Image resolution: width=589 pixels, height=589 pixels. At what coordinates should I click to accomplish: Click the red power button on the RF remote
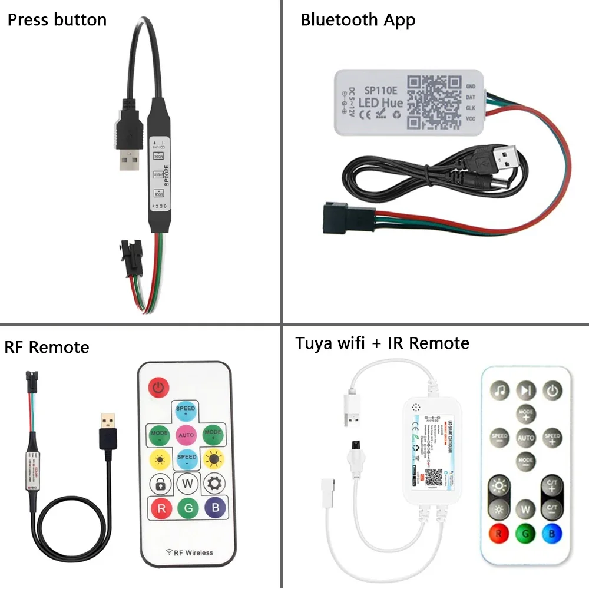[158, 387]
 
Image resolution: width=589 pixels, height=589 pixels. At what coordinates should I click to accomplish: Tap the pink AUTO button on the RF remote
[186, 435]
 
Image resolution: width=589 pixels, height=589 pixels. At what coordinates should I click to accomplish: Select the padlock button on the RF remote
[160, 484]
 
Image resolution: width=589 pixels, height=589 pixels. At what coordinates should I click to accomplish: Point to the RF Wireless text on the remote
[190, 552]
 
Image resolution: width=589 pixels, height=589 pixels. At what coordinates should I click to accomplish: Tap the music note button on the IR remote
[500, 390]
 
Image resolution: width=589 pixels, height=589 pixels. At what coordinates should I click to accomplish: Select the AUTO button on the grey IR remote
[525, 438]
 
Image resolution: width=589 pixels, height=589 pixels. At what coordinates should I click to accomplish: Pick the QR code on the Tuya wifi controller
[434, 476]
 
